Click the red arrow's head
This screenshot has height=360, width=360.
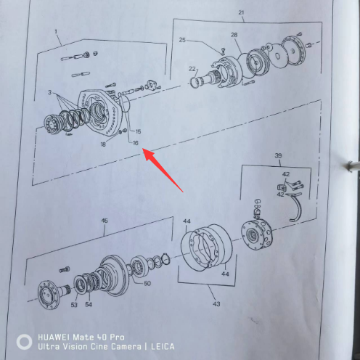click(x=147, y=153)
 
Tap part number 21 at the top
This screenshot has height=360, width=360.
click(x=241, y=12)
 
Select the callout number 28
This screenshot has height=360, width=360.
click(x=234, y=35)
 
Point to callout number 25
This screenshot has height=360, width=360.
click(x=182, y=40)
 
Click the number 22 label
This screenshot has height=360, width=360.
click(x=192, y=69)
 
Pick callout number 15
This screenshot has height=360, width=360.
click(x=138, y=131)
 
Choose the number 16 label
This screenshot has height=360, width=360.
click(x=136, y=143)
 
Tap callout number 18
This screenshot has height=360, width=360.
click(x=103, y=144)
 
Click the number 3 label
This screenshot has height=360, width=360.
click(x=49, y=92)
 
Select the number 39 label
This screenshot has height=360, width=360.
click(x=278, y=155)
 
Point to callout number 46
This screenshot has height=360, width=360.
click(x=105, y=221)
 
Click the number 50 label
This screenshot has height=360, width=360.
click(x=147, y=283)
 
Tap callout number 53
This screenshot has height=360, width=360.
click(x=74, y=305)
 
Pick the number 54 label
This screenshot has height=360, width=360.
click(x=89, y=304)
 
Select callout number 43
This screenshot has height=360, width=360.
click(x=216, y=304)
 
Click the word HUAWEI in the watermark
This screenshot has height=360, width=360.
click(x=54, y=337)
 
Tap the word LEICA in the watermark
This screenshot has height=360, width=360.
click(x=163, y=347)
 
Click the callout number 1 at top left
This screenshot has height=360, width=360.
click(x=56, y=32)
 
